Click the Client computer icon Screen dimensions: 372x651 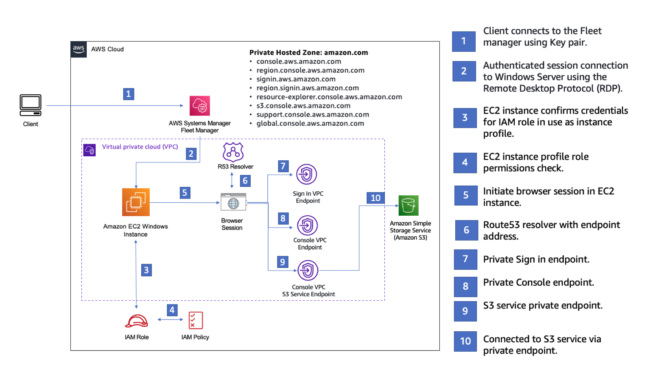(31, 105)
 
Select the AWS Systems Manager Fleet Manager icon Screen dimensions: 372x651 (200, 106)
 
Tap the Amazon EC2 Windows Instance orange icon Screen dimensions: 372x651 (136, 202)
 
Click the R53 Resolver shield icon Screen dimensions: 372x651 (233, 152)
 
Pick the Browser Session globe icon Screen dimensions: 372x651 (233, 202)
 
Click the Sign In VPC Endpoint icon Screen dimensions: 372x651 (306, 175)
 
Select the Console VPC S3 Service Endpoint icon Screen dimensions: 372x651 (308, 270)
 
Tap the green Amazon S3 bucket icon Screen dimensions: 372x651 (408, 206)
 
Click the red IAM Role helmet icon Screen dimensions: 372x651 (136, 321)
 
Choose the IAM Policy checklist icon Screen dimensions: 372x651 (196, 320)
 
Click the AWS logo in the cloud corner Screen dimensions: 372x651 (79, 49)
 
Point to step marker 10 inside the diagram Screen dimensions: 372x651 (375, 198)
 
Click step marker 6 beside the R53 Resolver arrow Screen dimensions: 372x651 (245, 181)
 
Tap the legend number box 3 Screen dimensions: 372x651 (465, 118)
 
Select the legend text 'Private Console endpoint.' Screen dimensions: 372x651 (538, 282)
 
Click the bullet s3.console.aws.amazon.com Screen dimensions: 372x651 (303, 106)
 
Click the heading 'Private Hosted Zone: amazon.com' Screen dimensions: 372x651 (308, 53)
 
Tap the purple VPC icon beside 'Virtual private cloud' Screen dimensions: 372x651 (90, 150)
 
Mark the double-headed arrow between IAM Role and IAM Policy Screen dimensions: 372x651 (170, 319)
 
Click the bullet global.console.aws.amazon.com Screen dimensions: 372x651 (310, 123)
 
